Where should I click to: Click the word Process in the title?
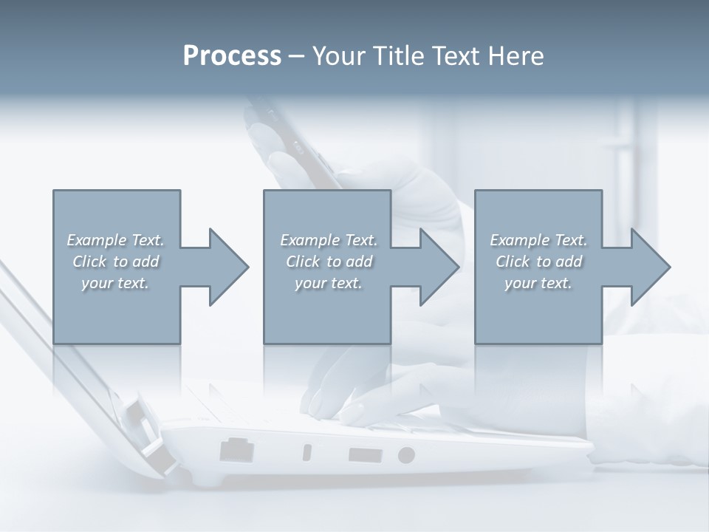click(232, 56)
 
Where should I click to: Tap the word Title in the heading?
click(399, 56)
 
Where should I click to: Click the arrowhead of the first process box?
click(229, 267)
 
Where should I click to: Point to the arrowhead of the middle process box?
click(439, 267)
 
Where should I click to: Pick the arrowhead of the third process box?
click(651, 267)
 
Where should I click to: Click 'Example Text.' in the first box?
click(115, 240)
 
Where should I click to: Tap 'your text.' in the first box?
click(115, 283)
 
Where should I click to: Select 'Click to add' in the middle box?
click(329, 262)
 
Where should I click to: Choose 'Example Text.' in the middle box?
click(329, 240)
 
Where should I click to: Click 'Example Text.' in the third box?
click(538, 240)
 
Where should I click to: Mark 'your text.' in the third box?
click(538, 283)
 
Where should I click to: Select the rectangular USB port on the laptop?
click(365, 454)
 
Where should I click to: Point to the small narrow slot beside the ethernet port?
click(307, 452)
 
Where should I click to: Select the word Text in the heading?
click(459, 56)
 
